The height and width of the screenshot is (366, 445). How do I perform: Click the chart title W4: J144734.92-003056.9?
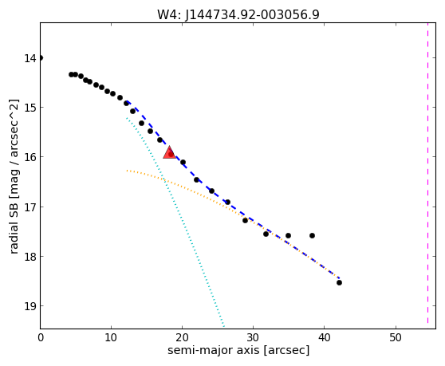point(238,14)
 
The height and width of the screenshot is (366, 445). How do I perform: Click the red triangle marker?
point(169,153)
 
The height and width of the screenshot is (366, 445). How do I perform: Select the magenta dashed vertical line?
point(427,173)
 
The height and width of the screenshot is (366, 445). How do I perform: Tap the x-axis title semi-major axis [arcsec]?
point(238,350)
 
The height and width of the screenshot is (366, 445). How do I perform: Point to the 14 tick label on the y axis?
point(30,58)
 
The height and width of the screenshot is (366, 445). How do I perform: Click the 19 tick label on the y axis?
point(30,306)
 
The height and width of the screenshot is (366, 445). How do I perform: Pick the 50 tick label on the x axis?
point(395,337)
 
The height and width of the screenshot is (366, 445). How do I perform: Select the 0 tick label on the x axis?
point(41,337)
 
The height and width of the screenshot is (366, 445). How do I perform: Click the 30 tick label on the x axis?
point(253,337)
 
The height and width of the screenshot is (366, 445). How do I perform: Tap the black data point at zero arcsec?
point(41,58)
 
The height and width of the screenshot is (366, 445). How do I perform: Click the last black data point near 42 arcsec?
point(339,282)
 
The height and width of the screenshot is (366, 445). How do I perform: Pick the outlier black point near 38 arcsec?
point(312,235)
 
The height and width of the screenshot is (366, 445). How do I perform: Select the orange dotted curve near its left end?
point(133,171)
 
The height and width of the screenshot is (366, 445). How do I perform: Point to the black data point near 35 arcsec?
point(288,235)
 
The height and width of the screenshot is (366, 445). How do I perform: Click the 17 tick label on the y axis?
point(30,207)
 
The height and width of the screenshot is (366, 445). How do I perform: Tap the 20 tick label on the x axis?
point(182,337)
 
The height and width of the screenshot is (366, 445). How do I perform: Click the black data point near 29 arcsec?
point(245,220)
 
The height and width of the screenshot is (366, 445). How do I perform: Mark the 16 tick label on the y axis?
point(30,157)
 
